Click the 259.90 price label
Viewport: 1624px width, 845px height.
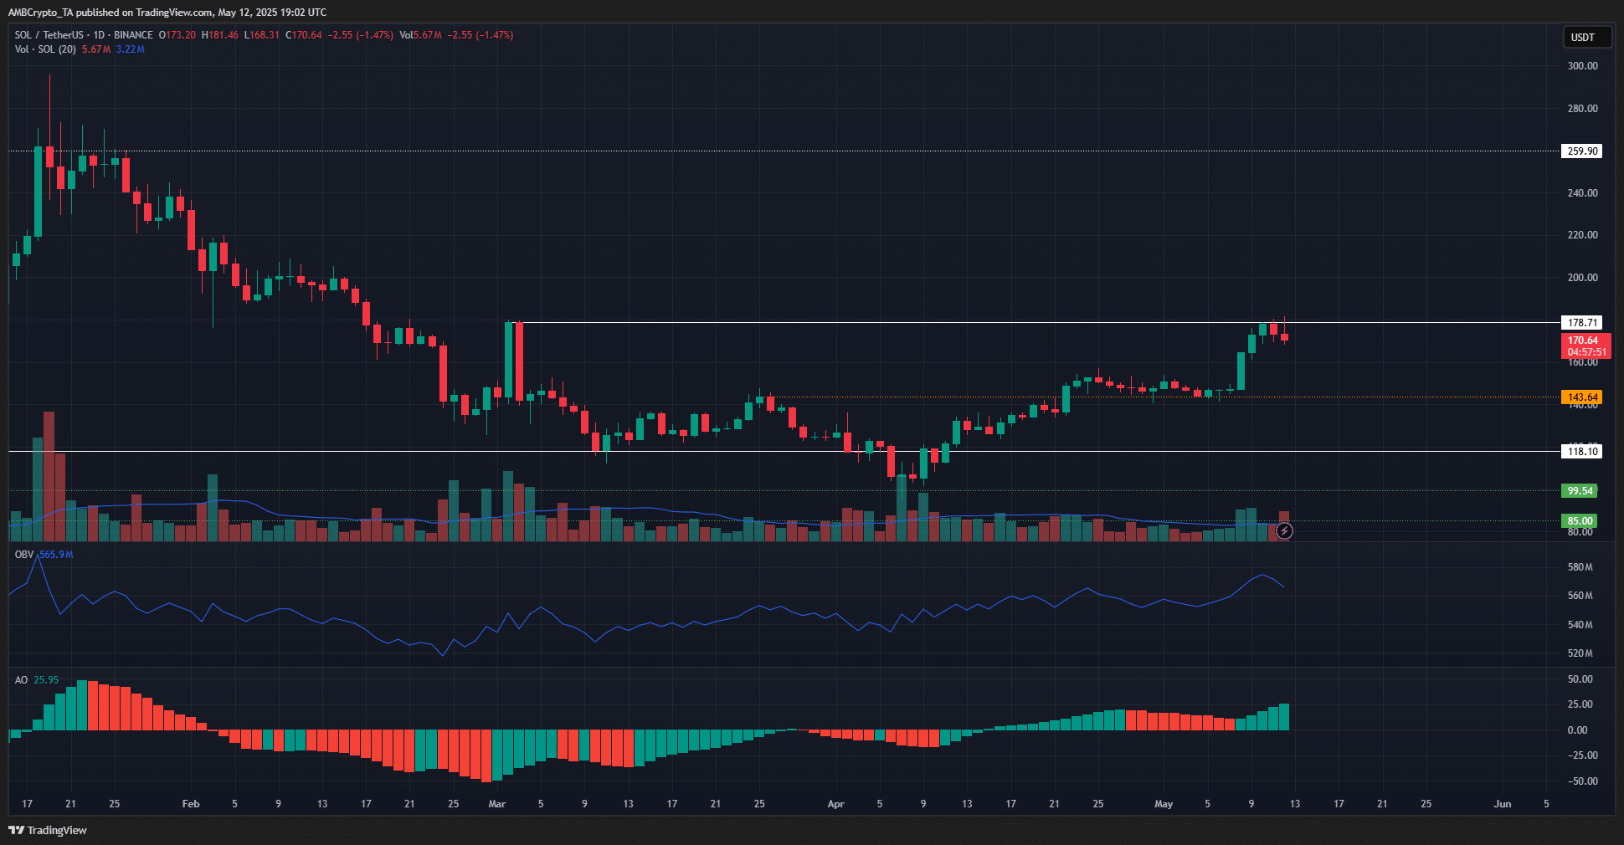click(1581, 151)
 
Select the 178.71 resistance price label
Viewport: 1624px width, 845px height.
click(1581, 322)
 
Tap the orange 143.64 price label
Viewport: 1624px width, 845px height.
click(1581, 397)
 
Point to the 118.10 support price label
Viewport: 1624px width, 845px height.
click(1581, 451)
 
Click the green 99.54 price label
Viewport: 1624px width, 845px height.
click(1580, 491)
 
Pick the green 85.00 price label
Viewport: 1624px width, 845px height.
click(1580, 520)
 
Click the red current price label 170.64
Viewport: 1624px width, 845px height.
click(1585, 341)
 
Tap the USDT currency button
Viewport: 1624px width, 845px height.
click(1582, 38)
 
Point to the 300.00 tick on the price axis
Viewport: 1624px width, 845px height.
click(1582, 65)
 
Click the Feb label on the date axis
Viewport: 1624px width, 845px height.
click(191, 804)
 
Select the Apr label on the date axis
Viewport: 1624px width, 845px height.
click(835, 804)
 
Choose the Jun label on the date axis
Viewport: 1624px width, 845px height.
click(1503, 804)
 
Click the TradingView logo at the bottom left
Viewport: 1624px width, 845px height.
click(48, 830)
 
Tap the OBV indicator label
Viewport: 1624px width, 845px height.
click(24, 555)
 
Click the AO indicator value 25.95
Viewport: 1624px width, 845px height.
click(46, 680)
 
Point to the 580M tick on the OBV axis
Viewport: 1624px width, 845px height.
click(1580, 567)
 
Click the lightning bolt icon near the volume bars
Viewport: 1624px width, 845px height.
click(1284, 530)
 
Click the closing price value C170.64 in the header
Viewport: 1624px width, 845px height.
click(303, 35)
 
